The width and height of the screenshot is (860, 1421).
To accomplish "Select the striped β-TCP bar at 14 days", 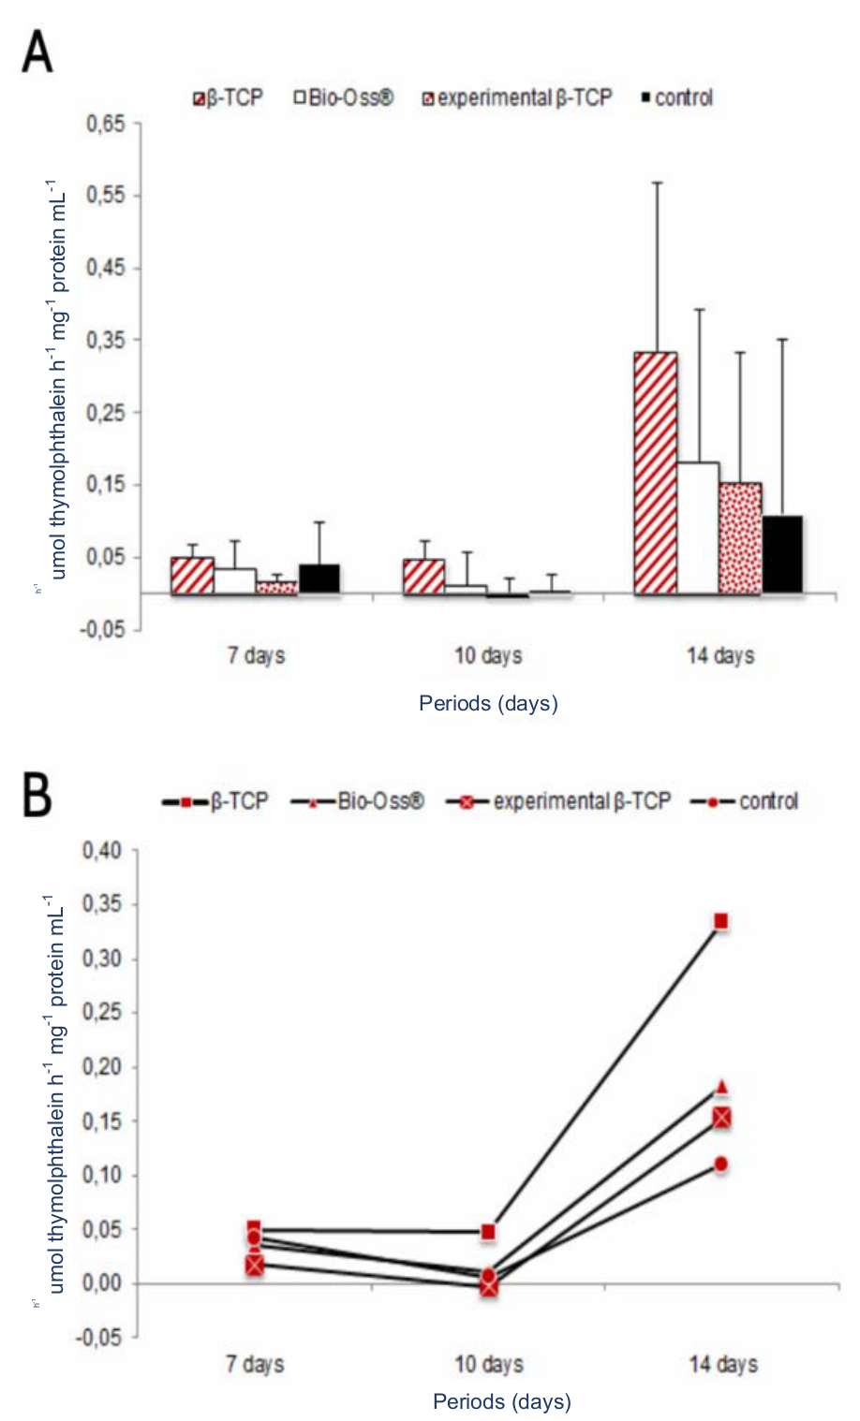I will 655,473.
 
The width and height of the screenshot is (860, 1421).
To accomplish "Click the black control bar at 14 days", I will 782,554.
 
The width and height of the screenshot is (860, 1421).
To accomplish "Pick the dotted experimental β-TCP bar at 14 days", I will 740,538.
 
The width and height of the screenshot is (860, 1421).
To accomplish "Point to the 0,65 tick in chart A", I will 105,124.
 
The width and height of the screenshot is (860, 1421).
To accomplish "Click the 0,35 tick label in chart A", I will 105,340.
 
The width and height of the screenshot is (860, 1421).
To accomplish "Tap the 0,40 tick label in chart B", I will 102,851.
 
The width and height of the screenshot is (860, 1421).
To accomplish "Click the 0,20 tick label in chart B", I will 102,1067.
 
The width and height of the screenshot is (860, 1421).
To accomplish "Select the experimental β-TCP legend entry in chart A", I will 517,98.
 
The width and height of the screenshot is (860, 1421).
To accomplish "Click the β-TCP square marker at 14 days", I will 720,922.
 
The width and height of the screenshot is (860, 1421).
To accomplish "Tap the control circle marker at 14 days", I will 720,1165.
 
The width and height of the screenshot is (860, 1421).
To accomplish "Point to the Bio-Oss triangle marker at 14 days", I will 721,1088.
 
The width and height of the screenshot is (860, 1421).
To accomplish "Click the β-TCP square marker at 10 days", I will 488,1232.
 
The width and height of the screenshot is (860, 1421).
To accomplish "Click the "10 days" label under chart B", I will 488,1364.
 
